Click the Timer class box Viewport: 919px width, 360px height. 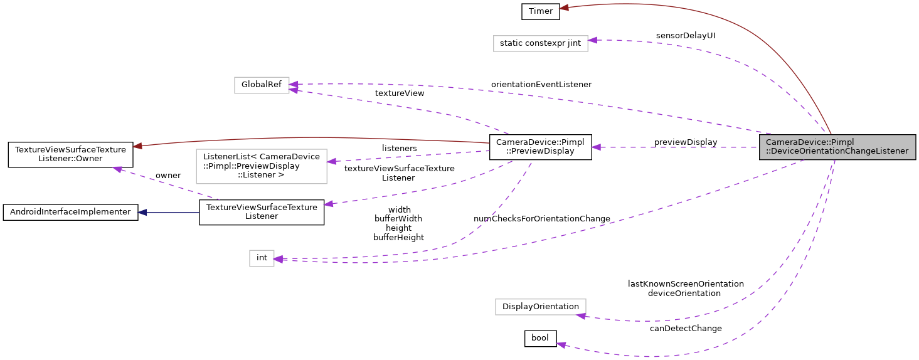[540, 11]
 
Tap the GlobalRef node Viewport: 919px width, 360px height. [262, 85]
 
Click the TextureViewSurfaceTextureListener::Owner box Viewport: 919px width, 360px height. [70, 154]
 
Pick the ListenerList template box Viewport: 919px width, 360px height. [262, 166]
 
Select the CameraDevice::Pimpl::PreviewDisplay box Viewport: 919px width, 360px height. [540, 147]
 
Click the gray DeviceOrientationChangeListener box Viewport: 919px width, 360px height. [837, 147]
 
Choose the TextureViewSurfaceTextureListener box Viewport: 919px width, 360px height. [261, 212]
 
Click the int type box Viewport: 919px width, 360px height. [262, 258]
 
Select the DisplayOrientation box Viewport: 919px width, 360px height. [540, 307]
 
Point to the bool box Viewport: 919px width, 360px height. [540, 338]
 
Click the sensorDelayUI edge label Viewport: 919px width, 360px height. [685, 36]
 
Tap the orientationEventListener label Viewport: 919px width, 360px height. [541, 84]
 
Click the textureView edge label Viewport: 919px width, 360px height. [399, 93]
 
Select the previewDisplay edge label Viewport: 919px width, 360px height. [685, 142]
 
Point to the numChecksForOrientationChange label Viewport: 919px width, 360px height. [541, 218]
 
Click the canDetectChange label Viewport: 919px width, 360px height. [685, 328]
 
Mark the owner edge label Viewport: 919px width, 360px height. [168, 175]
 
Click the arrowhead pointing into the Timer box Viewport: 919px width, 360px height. [564, 8]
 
